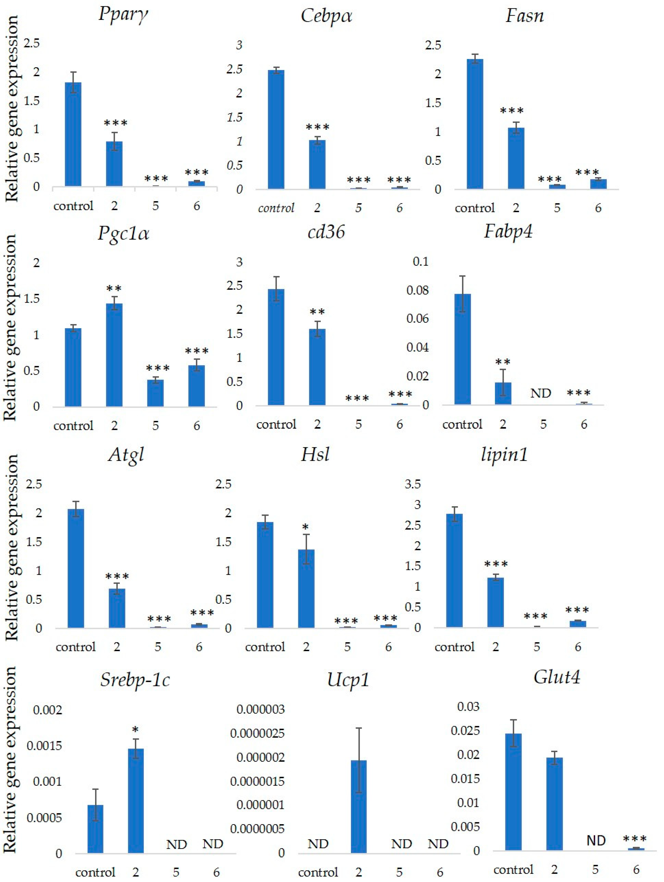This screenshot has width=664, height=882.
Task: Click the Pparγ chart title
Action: pos(123,15)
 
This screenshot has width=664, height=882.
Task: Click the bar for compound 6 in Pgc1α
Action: pos(197,386)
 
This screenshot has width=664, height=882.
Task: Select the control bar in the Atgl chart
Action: pos(76,568)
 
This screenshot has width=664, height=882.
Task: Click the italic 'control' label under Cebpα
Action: pos(276,208)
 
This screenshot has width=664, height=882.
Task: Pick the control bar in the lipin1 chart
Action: pos(454,570)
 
